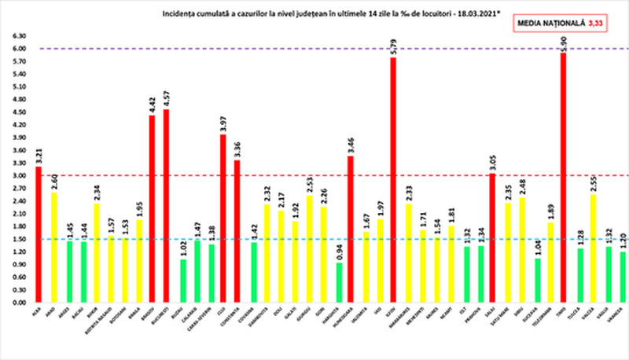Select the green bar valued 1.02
182,280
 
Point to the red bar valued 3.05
492,237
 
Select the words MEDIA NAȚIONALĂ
551,24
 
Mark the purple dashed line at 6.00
314,49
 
